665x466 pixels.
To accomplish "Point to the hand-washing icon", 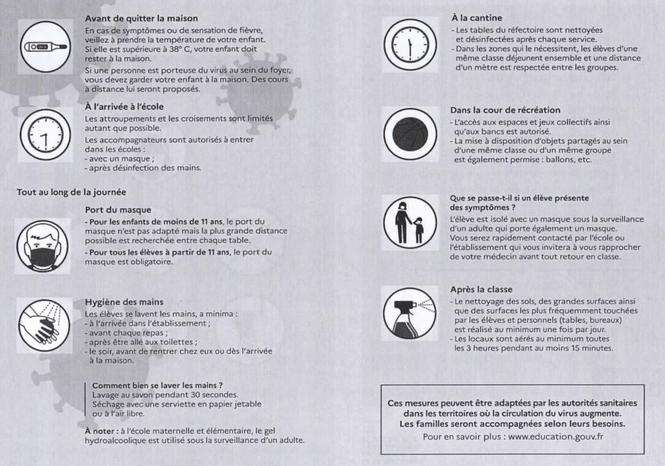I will point(43,324).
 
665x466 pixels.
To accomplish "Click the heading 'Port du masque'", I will point(118,210).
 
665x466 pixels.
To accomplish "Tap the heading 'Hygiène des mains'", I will point(122,302).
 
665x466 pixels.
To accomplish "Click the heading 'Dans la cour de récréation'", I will point(505,109).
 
